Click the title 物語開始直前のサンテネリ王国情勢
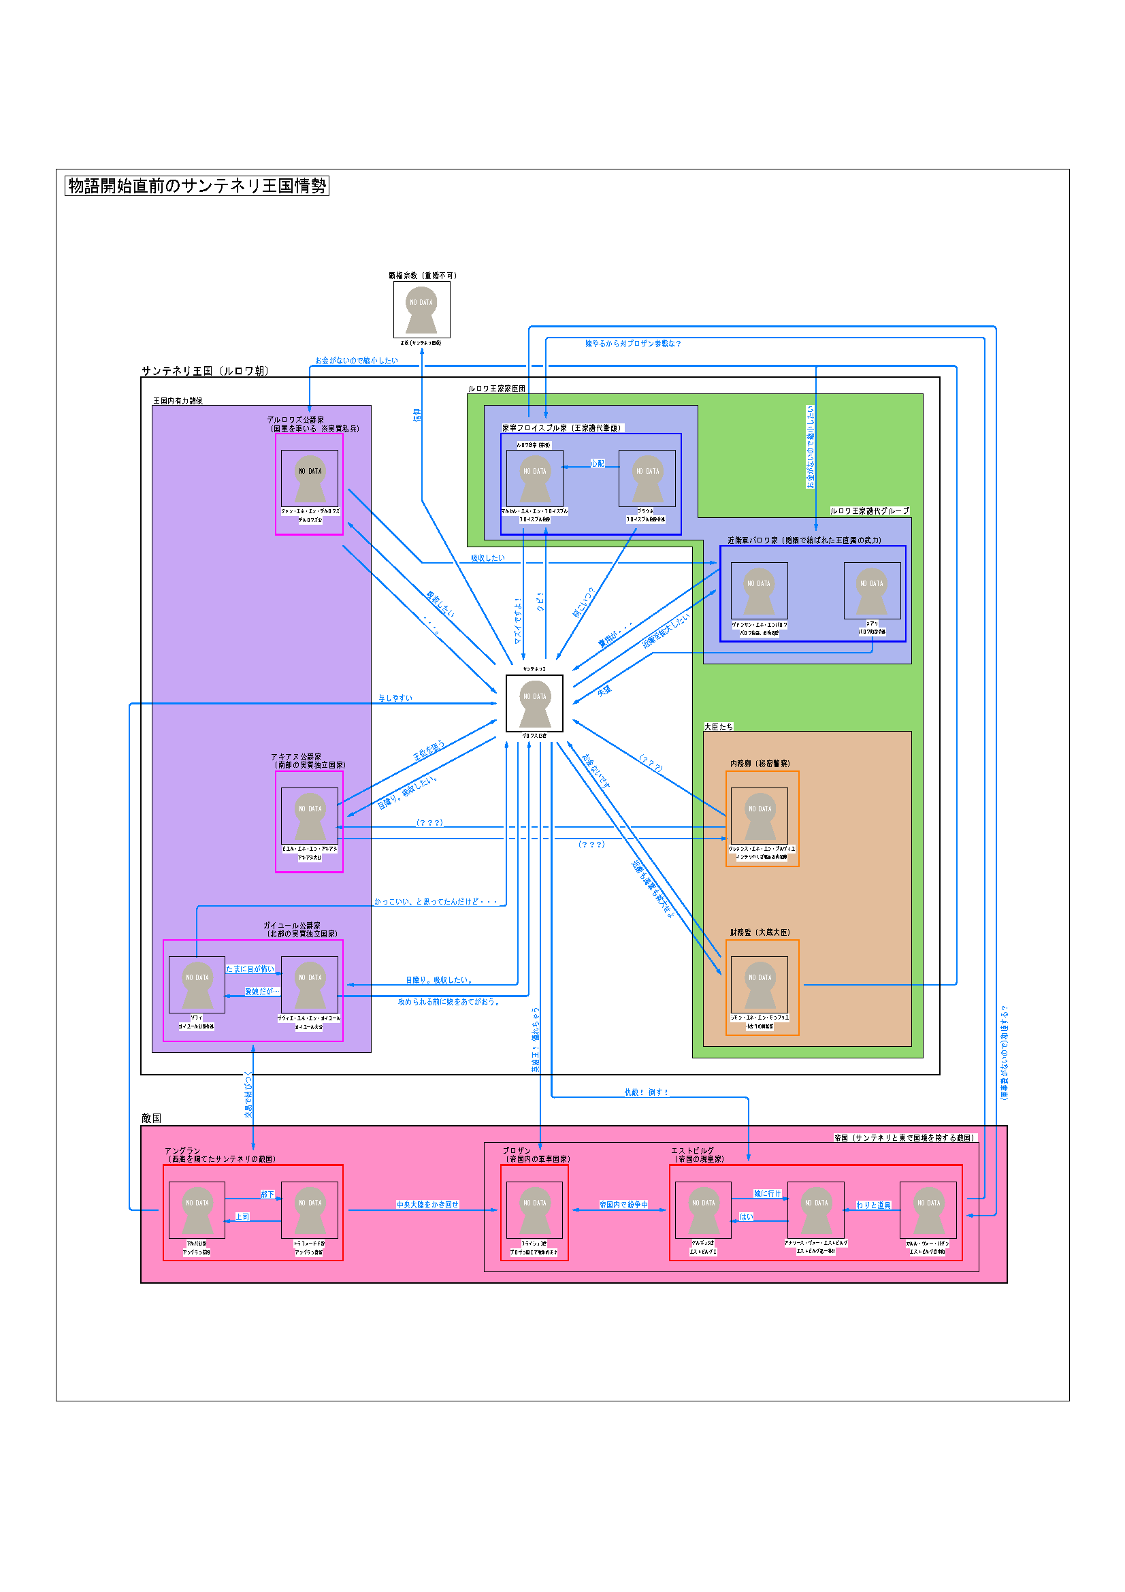(197, 186)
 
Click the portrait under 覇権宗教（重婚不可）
(421, 309)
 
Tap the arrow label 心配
(598, 464)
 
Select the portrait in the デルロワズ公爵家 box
(310, 478)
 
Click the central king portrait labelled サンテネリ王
(534, 703)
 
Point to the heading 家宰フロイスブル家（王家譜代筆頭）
(562, 428)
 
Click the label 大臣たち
(719, 727)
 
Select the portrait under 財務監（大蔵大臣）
(760, 985)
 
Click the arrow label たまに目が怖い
(250, 969)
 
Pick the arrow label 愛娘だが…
(261, 992)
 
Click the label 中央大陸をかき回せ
(427, 1205)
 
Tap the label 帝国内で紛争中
(624, 1205)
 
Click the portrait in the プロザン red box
(534, 1210)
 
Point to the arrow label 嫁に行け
(767, 1193)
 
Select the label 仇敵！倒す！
(647, 1092)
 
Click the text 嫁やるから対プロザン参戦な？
(633, 343)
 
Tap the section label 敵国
(151, 1118)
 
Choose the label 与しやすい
(395, 698)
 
